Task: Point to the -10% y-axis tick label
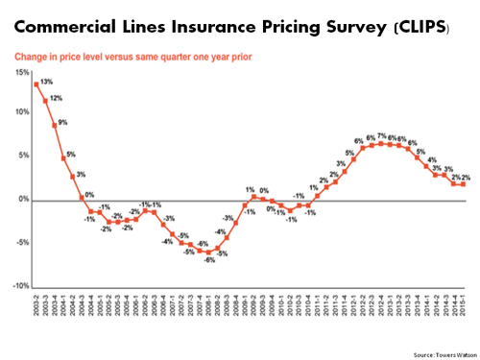click(x=18, y=287)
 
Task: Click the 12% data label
click(x=57, y=99)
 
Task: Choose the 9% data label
click(x=63, y=123)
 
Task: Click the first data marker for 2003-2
click(x=36, y=84)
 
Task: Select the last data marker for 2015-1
click(x=466, y=184)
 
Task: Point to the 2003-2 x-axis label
click(x=36, y=307)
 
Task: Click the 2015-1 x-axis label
click(x=466, y=307)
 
